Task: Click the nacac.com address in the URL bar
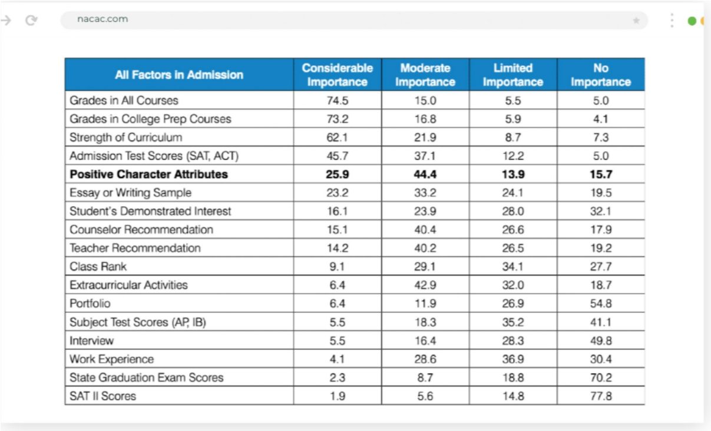[102, 19]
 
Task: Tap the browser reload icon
[31, 20]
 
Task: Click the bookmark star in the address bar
[636, 21]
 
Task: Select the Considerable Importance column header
[337, 75]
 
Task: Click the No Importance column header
[601, 75]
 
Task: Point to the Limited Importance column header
[513, 75]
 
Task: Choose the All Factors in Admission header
[179, 75]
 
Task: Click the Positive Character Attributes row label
[148, 174]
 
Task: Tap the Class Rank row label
[98, 266]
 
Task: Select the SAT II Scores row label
[102, 396]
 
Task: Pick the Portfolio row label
[90, 303]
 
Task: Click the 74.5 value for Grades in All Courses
[338, 101]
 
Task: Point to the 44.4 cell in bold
[425, 174]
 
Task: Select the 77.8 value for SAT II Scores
[601, 396]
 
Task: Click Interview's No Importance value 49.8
[601, 340]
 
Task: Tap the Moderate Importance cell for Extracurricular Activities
[425, 285]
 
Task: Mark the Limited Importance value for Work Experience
[513, 359]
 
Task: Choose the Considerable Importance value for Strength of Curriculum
[337, 137]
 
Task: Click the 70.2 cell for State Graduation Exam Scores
[601, 377]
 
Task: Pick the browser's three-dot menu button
[672, 20]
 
